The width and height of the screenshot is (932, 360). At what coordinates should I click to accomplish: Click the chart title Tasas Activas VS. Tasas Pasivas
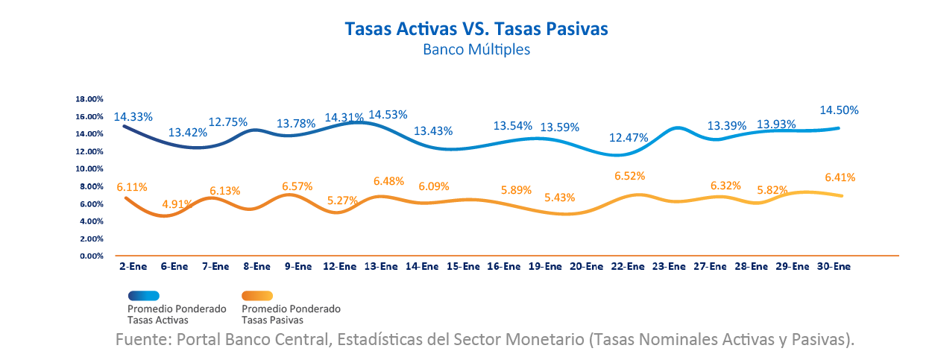(x=476, y=28)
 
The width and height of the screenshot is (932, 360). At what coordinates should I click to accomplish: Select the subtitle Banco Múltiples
(x=476, y=50)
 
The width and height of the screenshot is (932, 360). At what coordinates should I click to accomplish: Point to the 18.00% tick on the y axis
(x=89, y=99)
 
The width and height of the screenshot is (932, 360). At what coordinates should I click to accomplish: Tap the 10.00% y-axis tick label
(x=89, y=169)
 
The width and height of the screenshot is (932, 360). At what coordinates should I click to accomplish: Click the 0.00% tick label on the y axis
(x=91, y=256)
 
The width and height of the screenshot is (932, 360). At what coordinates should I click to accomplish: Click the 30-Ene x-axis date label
(x=834, y=266)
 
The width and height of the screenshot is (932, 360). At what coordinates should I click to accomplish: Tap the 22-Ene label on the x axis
(x=627, y=266)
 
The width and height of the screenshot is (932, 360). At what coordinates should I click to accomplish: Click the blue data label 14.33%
(x=133, y=117)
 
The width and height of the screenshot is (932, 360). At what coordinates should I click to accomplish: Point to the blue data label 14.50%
(x=839, y=110)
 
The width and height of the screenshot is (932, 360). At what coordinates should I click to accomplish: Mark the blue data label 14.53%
(x=388, y=115)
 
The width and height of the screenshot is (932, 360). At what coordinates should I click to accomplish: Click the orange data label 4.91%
(x=177, y=203)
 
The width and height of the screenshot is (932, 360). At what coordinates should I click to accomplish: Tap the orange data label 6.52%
(x=629, y=176)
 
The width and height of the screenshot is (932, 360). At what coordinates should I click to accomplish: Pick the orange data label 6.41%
(x=840, y=177)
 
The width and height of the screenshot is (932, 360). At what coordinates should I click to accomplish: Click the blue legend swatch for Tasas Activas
(x=154, y=296)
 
